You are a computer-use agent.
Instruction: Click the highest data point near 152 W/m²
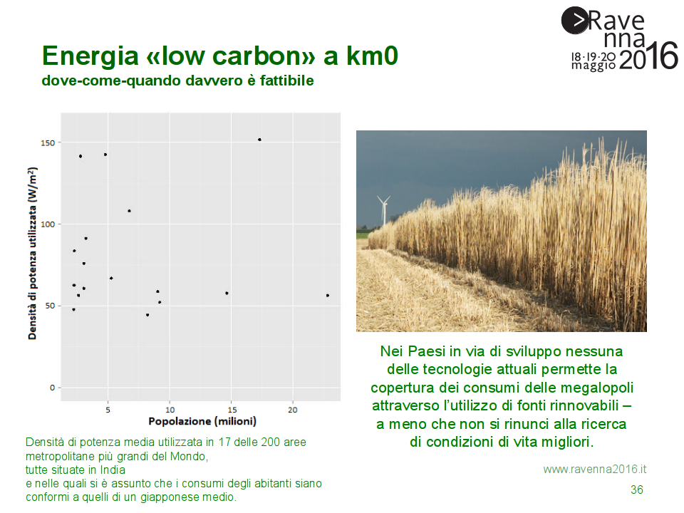[259, 140]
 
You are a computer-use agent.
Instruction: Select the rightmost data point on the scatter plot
[328, 296]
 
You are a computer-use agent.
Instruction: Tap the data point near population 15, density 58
[227, 293]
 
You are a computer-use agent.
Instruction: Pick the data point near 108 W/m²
[129, 211]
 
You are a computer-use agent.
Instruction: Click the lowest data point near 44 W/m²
[147, 315]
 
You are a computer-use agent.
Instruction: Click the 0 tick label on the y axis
[52, 388]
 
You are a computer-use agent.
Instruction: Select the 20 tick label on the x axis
[293, 410]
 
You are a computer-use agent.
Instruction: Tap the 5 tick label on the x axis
[108, 410]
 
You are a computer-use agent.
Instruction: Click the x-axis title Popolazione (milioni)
[202, 421]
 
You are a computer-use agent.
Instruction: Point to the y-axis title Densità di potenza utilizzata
[32, 253]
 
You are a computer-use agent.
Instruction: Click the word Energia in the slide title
[90, 56]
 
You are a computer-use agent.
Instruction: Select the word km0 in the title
[372, 56]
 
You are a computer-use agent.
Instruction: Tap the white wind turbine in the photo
[384, 209]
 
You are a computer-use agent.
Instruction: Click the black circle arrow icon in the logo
[575, 20]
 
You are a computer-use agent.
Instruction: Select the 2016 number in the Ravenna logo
[648, 56]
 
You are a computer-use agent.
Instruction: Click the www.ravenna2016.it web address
[594, 470]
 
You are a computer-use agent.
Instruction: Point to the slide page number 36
[637, 490]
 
